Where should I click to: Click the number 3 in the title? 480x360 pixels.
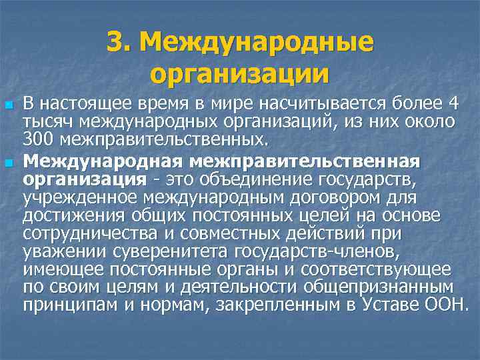point(115,43)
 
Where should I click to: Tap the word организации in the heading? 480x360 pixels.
point(240,73)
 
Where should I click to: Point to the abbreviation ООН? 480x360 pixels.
point(449,305)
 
